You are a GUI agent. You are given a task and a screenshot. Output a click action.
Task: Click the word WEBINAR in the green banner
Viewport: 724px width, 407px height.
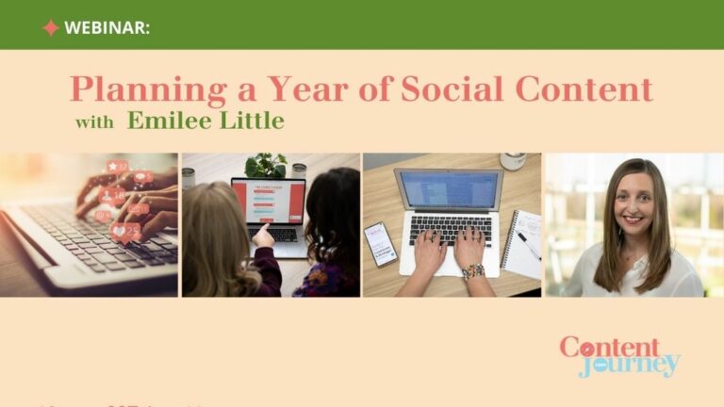pos(107,27)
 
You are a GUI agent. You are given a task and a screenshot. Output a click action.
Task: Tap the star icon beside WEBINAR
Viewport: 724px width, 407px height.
pos(50,27)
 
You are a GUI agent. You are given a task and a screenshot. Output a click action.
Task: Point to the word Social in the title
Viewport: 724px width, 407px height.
pos(439,90)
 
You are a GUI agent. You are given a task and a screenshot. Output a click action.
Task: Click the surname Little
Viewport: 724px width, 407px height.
pos(250,121)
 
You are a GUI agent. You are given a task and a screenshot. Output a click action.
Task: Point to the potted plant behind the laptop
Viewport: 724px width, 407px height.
pos(266,166)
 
